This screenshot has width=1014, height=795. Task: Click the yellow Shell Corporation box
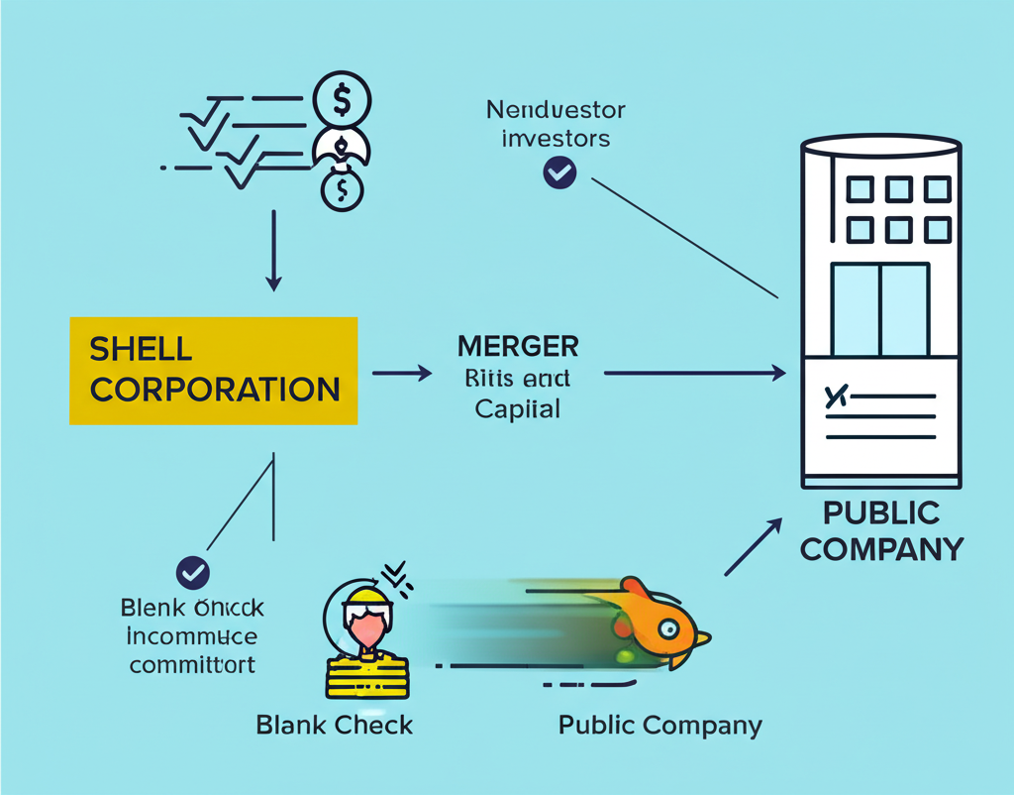tap(213, 370)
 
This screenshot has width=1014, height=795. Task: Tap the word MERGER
tap(518, 347)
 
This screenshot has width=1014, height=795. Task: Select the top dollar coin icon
tap(342, 100)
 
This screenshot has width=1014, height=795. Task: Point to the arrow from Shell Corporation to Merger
tap(402, 374)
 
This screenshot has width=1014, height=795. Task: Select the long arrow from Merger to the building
tap(693, 374)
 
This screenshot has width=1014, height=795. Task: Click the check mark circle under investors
tap(559, 173)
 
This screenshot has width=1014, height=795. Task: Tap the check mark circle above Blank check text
tap(192, 572)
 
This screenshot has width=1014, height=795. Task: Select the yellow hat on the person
tap(365, 598)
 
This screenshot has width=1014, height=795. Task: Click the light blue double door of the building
tap(879, 308)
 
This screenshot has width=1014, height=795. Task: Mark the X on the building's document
tap(837, 397)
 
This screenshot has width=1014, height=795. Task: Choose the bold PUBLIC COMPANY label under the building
tap(880, 530)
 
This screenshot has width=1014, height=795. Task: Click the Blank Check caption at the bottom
tap(334, 725)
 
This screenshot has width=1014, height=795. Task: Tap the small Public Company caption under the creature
tap(659, 725)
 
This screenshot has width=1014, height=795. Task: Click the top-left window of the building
tap(860, 189)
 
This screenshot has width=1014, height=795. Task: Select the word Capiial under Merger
tap(518, 407)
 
